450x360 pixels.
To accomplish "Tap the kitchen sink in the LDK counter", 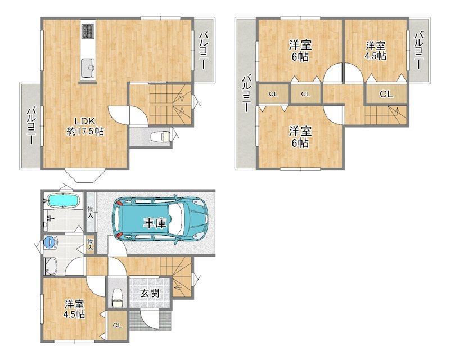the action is click(x=88, y=67).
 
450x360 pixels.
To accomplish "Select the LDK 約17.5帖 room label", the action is click(x=85, y=127).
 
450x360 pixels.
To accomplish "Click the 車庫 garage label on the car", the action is click(x=155, y=223).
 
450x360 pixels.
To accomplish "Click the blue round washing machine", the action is click(x=49, y=242).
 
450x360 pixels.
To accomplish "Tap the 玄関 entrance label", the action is click(x=150, y=293).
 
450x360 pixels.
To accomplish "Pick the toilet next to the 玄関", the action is click(x=116, y=298).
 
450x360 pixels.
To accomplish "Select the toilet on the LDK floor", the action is click(x=161, y=136).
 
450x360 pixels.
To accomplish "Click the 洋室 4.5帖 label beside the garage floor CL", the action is click(x=74, y=309).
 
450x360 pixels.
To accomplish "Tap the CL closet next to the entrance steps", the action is click(x=117, y=325).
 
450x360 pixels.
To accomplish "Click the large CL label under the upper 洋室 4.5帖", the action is click(x=386, y=94).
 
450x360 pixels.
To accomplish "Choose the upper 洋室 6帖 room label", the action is click(x=300, y=51).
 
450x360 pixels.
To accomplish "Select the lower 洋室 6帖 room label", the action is click(x=300, y=137).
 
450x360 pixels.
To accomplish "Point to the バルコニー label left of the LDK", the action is click(x=31, y=125).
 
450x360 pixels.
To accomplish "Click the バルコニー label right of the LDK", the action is click(x=204, y=50).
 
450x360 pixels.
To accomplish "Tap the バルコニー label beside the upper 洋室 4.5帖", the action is click(x=418, y=50).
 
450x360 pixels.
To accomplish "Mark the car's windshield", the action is click(x=175, y=218).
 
